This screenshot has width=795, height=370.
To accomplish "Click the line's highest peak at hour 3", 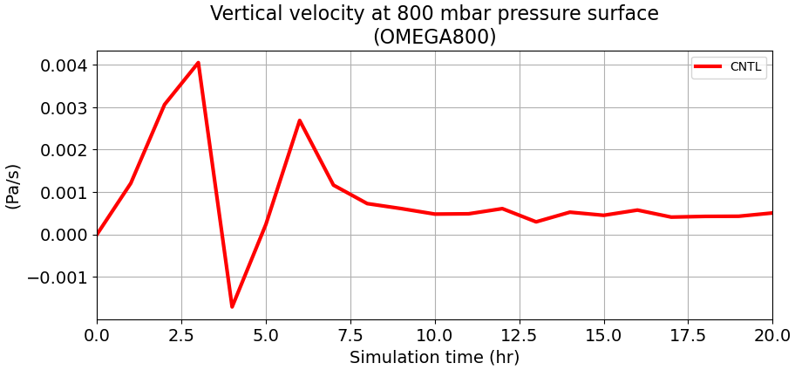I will tap(198, 63).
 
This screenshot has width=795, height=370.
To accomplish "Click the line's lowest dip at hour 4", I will tap(232, 306).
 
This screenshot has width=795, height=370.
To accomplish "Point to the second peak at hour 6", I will tap(299, 120).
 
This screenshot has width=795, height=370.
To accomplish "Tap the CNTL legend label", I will tap(745, 67).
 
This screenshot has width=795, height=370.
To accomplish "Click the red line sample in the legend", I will tap(708, 67).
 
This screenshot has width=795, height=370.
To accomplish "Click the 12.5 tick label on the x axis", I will tap(520, 335).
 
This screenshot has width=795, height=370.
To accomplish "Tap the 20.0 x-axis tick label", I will tap(772, 335).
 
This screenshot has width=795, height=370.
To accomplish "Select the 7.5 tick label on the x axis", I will tap(350, 335).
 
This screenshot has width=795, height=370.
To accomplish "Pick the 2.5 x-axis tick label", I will tap(181, 335).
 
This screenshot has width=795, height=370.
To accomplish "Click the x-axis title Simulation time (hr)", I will tap(434, 358).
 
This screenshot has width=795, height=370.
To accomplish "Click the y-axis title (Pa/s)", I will tap(13, 186).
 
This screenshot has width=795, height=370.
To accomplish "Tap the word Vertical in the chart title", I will tap(241, 14).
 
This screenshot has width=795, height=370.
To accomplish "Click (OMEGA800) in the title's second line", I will tap(434, 37).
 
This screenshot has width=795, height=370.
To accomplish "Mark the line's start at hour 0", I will tap(98, 234).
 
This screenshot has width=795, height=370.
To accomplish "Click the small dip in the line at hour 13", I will tap(536, 222).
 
